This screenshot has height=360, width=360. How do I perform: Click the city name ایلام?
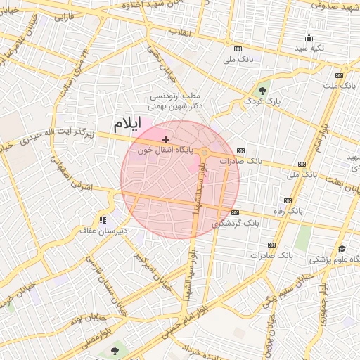[x=127, y=124]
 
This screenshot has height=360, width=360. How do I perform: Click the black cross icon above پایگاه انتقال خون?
[x=165, y=140]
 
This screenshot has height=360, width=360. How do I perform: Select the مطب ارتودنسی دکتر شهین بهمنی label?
[x=176, y=100]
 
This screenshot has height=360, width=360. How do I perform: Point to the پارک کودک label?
[x=262, y=101]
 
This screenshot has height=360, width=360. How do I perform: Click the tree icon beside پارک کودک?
[x=262, y=90]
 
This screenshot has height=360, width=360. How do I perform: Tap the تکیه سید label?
[x=309, y=48]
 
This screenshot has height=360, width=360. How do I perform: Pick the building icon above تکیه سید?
[x=309, y=37]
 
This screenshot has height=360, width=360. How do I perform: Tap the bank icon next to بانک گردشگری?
[x=235, y=212]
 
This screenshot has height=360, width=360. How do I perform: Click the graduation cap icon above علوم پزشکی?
[x=341, y=248]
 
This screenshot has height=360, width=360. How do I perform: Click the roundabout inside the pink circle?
[x=204, y=153]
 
